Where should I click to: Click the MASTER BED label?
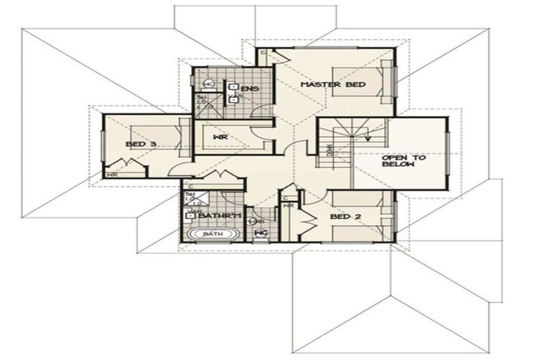point(323,84)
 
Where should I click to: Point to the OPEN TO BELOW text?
point(404,162)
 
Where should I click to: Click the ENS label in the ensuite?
point(250,89)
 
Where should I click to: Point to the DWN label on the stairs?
point(328,149)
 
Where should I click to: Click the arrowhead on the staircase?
point(366,139)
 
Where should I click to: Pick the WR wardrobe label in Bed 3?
point(111,173)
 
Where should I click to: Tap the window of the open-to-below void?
point(447,158)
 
